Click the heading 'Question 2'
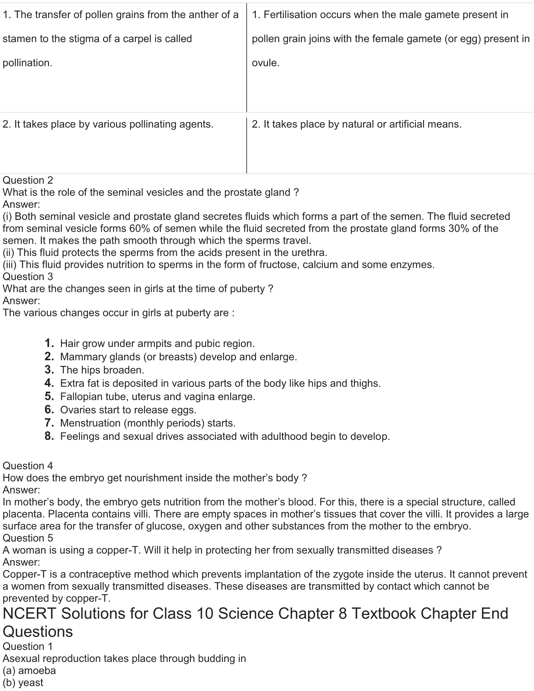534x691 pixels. [28, 180]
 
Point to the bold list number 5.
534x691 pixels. [49, 396]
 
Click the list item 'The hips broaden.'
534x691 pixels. [102, 370]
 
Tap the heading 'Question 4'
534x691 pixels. [28, 466]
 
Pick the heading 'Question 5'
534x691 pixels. [28, 538]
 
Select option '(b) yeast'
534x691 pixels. [23, 683]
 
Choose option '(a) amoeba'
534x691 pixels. [29, 671]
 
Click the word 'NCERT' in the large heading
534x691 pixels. [29, 614]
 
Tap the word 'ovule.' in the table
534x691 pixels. [266, 63]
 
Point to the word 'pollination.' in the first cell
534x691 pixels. [28, 63]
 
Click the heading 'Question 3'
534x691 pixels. [28, 277]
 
